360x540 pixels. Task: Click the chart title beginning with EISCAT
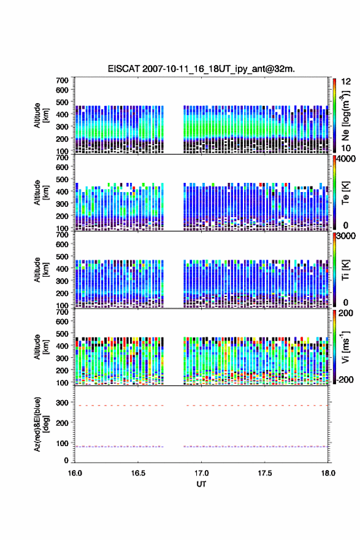point(201,69)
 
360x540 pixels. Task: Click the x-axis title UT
point(201,484)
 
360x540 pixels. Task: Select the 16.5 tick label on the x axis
point(138,473)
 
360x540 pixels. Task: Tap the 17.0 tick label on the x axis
point(201,473)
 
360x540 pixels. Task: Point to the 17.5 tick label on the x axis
point(265,473)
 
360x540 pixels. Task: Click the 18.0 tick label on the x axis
point(328,473)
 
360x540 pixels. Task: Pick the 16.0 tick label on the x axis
point(75,473)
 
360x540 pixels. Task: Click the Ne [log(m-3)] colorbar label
point(345,116)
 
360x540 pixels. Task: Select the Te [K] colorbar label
point(345,193)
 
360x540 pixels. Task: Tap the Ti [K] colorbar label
point(345,270)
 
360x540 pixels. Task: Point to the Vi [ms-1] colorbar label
point(345,347)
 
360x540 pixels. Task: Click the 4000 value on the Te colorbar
point(345,159)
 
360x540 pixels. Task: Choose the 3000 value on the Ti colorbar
point(345,236)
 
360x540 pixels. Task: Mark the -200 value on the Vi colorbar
point(345,379)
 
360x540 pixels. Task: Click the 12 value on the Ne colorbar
point(346,82)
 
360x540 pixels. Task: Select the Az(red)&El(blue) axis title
point(41,424)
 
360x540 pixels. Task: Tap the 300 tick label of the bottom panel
point(62,403)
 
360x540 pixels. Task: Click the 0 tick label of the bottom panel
point(66,460)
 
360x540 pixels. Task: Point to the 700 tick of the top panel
point(62,80)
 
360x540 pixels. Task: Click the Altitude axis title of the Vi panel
point(41,347)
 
